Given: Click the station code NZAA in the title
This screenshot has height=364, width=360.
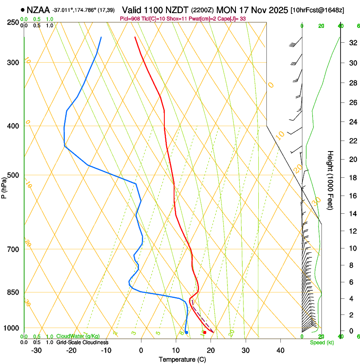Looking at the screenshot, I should pos(38,9).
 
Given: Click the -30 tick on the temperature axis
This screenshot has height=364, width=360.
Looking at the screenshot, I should pos(36,350).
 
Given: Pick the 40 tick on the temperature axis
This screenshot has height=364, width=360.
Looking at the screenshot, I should pos(280,350).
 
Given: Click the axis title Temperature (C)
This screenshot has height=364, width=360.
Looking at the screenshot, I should pos(182,359).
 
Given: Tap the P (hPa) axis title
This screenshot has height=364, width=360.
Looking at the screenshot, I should pos(4,187).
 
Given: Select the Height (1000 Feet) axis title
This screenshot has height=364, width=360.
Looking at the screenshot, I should pos(331,180).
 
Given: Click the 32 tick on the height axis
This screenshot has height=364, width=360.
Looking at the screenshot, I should pos(352,42).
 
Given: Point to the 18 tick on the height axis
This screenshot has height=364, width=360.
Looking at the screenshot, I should pos(352,178).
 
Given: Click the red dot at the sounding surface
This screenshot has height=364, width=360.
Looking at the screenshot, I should pos(205,332).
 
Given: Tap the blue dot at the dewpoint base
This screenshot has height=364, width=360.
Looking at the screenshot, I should pos(186,332).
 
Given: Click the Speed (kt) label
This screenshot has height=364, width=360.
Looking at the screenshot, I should pos(322,342).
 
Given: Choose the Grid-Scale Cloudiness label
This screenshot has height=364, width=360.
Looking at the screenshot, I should pos(82,342).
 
